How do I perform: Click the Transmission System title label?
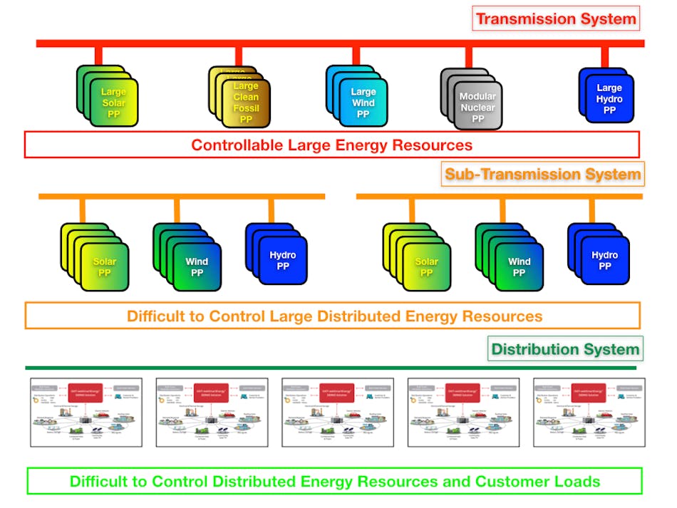click(x=556, y=19)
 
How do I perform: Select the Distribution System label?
click(x=565, y=349)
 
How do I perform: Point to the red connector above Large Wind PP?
click(x=354, y=56)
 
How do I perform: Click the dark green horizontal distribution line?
click(x=331, y=368)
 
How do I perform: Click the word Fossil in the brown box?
click(x=246, y=108)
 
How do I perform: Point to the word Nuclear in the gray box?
click(x=477, y=108)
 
